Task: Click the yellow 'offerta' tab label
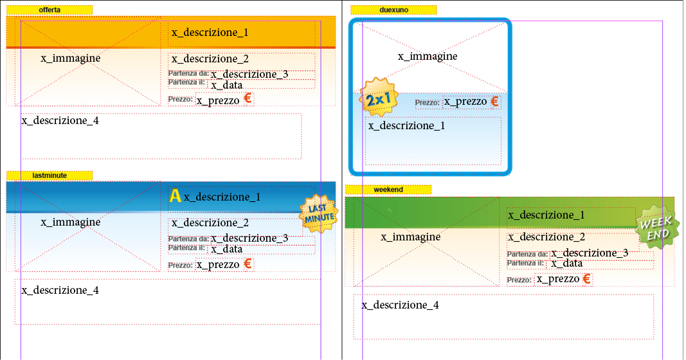(x=50, y=10)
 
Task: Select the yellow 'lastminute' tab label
(x=50, y=175)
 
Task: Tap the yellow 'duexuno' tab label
(x=393, y=10)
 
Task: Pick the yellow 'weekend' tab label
(x=388, y=190)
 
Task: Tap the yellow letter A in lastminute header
(x=174, y=195)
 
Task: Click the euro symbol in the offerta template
(x=248, y=100)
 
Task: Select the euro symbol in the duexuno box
(x=494, y=102)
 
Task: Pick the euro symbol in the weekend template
(x=586, y=279)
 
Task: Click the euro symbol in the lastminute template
(x=248, y=264)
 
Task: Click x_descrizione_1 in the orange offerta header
(x=210, y=33)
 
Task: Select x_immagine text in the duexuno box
(x=428, y=57)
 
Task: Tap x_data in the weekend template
(x=566, y=264)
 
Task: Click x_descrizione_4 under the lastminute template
(x=60, y=291)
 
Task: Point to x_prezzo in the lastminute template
(x=218, y=264)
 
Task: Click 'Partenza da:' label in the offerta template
(x=188, y=73)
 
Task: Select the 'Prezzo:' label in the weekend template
(x=519, y=280)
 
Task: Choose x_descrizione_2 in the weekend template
(x=546, y=237)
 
